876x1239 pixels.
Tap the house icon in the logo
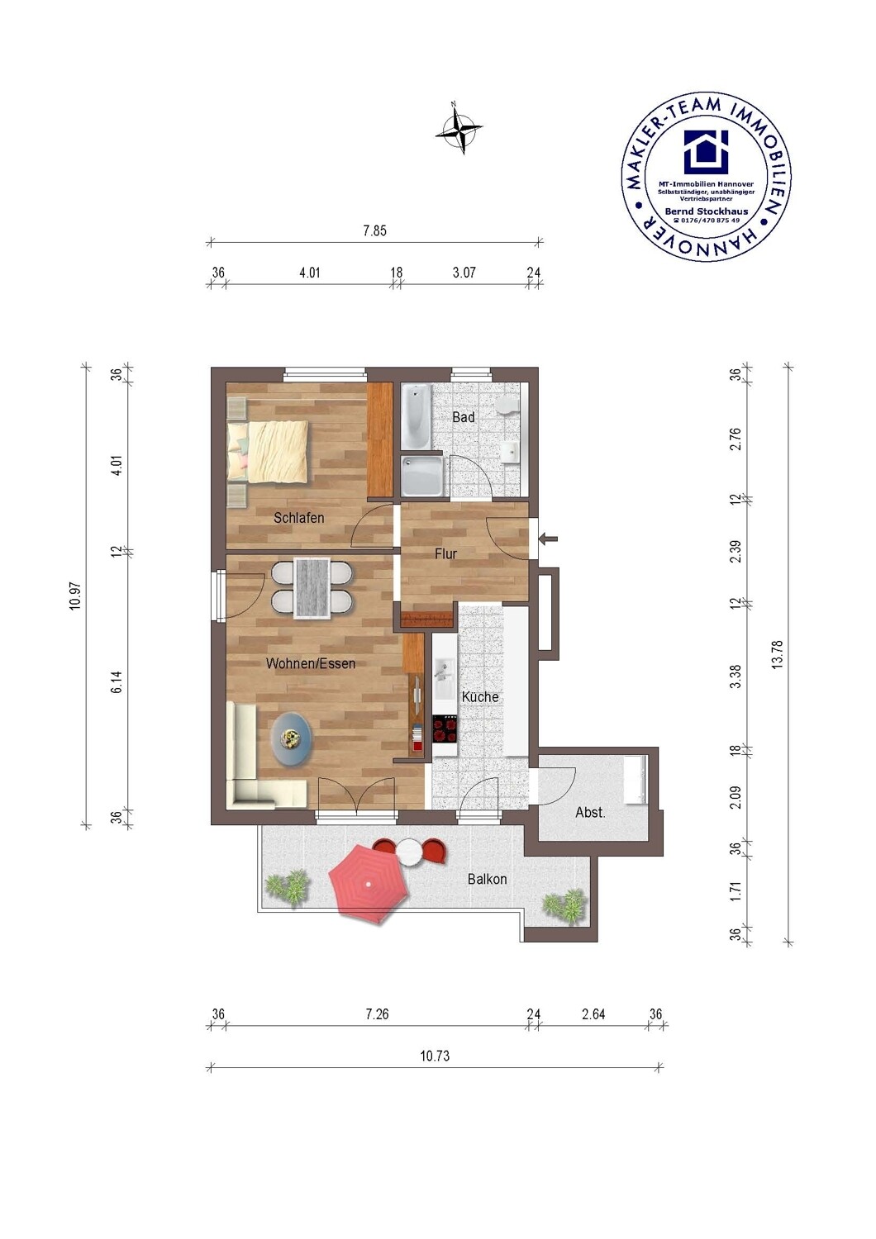[706, 151]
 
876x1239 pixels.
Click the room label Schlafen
[299, 518]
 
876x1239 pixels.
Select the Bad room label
[463, 417]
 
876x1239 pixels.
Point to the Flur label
[445, 553]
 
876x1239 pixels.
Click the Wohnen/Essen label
[311, 663]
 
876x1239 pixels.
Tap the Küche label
[480, 697]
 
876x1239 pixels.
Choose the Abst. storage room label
[590, 813]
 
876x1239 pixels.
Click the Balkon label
[487, 879]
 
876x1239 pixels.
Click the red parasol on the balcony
[369, 885]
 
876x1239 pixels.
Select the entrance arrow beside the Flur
[549, 539]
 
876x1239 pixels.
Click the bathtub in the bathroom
[416, 417]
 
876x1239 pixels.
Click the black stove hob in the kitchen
[445, 729]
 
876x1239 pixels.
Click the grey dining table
[312, 588]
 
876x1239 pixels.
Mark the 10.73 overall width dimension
[435, 1056]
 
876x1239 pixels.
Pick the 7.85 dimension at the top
[374, 230]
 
